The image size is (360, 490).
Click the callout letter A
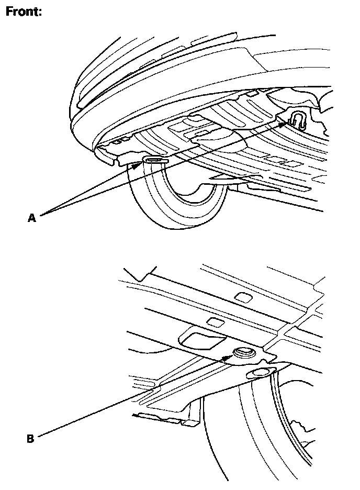31,217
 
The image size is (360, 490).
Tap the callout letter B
30,439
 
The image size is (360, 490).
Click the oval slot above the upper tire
155,160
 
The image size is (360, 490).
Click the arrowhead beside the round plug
227,358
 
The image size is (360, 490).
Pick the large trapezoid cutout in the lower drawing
201,340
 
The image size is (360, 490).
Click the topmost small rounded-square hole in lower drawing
244,297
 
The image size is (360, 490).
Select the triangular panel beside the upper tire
230,179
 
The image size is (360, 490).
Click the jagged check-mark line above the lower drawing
140,273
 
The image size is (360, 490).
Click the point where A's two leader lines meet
40,214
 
